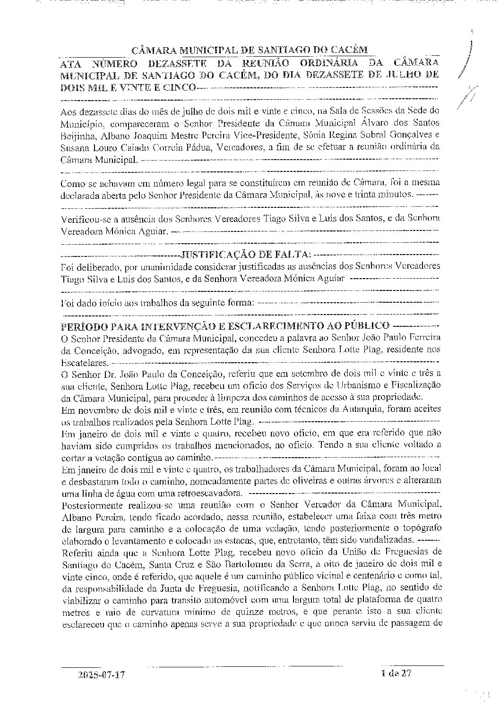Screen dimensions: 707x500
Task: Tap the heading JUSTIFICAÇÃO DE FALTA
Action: tap(240, 255)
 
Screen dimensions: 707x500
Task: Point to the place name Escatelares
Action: tap(83, 362)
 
